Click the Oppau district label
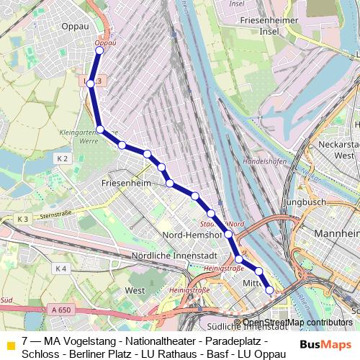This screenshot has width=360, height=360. click(x=76, y=27)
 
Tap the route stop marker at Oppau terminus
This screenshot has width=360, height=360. click(x=99, y=50)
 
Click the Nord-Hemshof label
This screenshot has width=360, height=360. click(x=191, y=236)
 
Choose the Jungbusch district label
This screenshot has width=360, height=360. click(x=307, y=203)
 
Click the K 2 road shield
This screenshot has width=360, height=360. click(x=62, y=158)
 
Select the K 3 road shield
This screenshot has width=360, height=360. click(x=22, y=219)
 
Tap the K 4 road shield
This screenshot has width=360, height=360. click(x=60, y=269)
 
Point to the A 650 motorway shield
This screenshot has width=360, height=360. click(x=62, y=310)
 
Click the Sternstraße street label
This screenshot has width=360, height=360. click(x=58, y=215)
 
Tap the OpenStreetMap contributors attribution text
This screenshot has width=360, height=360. click(x=297, y=322)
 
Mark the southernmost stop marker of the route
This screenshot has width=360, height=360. click(x=270, y=290)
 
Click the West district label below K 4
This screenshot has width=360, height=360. click(x=135, y=290)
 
